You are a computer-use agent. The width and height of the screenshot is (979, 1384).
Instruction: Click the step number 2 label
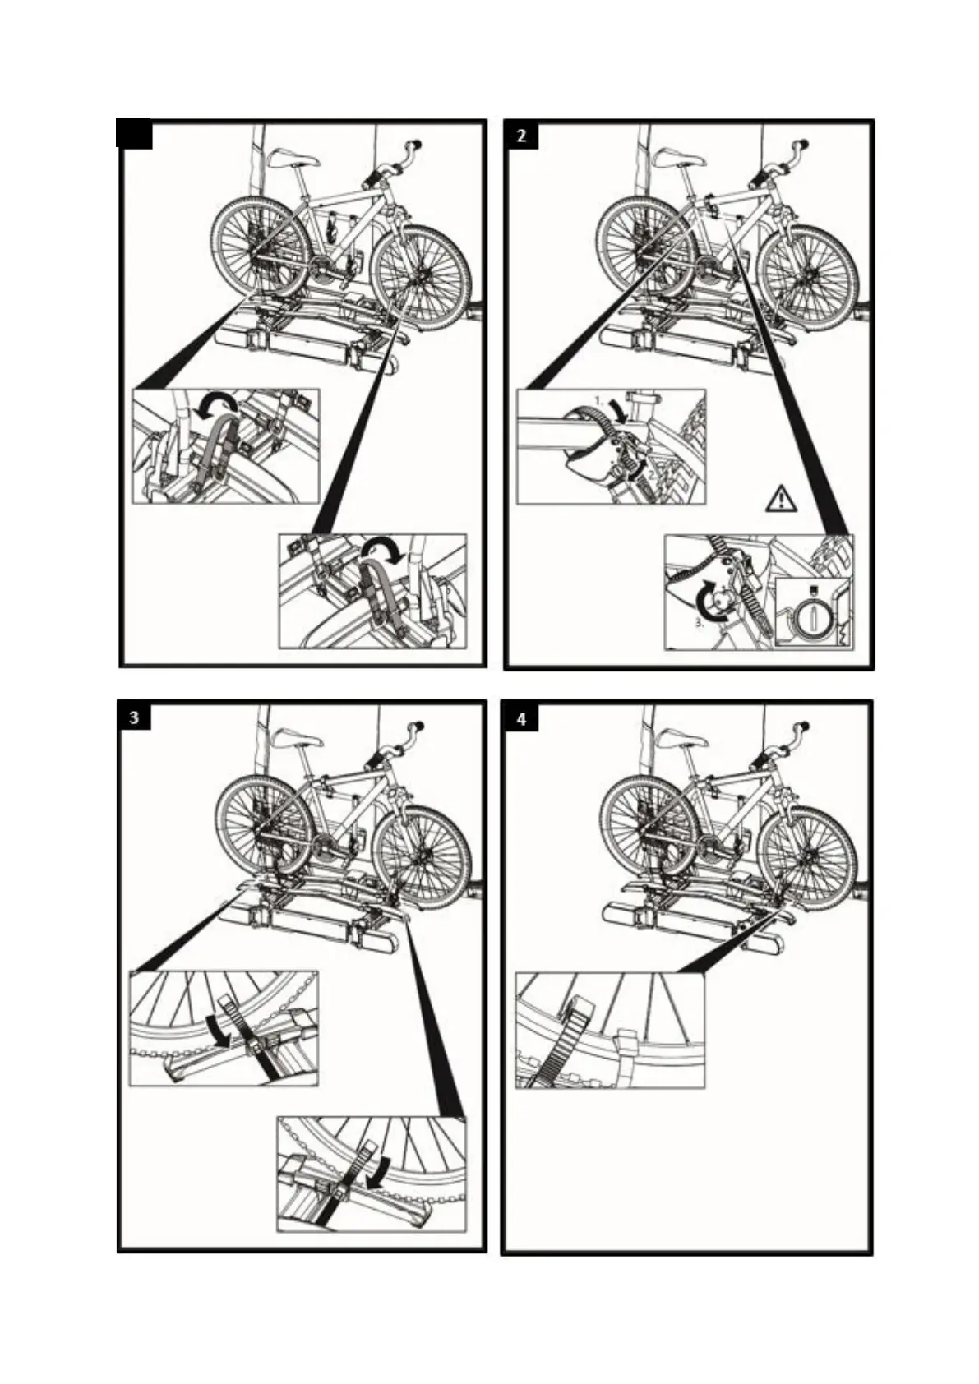[x=522, y=136]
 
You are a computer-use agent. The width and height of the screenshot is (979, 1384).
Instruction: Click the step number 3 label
[x=135, y=717]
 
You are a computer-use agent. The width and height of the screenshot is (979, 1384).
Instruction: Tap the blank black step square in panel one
[x=135, y=134]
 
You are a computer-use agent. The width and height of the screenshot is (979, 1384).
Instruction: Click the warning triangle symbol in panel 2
[x=780, y=498]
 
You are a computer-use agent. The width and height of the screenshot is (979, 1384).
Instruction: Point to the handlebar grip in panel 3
[x=418, y=727]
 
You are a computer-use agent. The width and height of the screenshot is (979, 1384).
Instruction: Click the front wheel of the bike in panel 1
[x=420, y=274]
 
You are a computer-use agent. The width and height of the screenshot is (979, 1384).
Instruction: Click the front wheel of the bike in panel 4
[x=806, y=855]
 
